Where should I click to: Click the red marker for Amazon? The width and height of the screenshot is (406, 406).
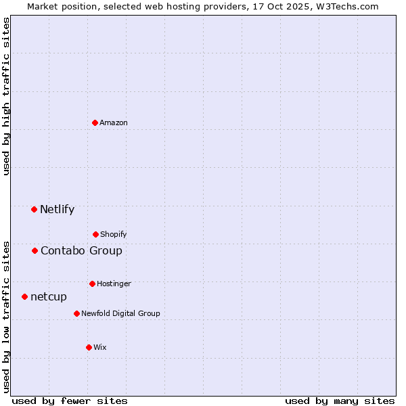coord(95,122)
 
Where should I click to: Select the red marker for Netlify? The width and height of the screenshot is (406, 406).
coord(34,209)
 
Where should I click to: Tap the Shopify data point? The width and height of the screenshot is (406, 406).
coord(95,234)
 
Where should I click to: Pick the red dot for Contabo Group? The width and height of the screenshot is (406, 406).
coord(35,250)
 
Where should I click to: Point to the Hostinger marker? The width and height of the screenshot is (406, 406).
coord(92,284)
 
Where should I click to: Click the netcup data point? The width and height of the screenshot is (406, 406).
coord(24,296)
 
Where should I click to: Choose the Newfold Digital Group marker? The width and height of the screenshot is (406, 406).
coord(76,313)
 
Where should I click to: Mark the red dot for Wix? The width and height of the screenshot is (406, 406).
coord(89,347)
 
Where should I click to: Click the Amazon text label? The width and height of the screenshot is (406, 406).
coord(114,122)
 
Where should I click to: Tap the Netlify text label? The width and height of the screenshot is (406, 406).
coord(57,209)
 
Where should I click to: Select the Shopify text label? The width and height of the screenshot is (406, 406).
coord(114,234)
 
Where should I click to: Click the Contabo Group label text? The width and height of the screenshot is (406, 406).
coord(81,250)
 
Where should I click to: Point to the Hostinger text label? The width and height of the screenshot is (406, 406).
coord(114,284)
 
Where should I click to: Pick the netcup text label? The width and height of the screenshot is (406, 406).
coord(49,296)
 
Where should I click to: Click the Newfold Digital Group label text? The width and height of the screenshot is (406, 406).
coord(120,313)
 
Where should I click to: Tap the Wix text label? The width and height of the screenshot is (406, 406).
coord(100,347)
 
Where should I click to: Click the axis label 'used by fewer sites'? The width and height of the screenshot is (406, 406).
coord(70,401)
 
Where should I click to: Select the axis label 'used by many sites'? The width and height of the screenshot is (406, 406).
coord(340,401)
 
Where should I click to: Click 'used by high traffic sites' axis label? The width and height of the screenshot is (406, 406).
coord(7,96)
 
